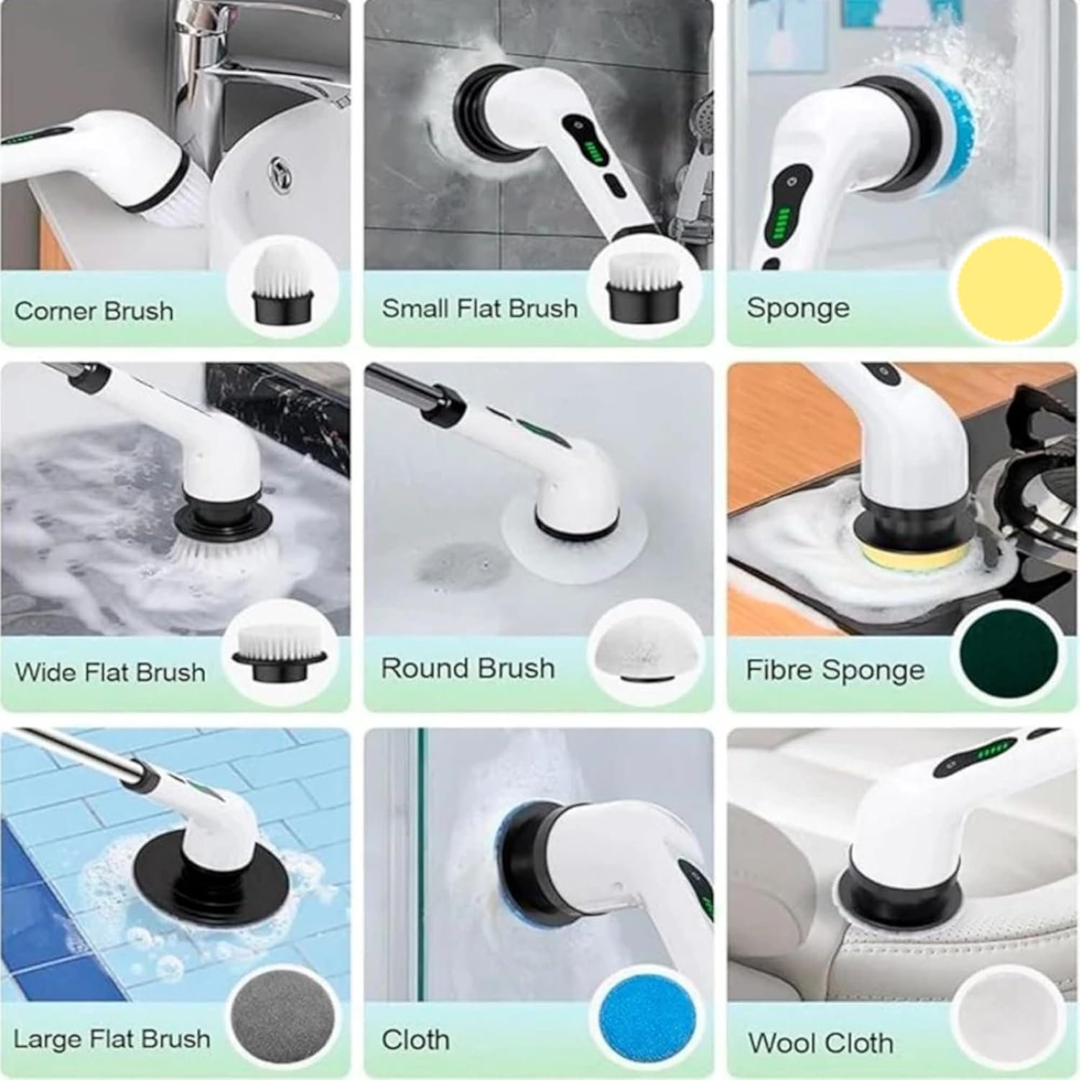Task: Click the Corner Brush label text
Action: pos(94,311)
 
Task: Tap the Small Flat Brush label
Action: pos(480,308)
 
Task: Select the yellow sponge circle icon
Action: pos(1009,286)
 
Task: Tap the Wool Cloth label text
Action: pos(820,1043)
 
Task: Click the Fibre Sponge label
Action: pos(835,670)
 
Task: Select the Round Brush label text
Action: pos(468,668)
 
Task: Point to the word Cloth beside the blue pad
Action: pos(415,1040)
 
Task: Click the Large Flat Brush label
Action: pos(112,1039)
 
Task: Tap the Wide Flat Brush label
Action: pos(110,672)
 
